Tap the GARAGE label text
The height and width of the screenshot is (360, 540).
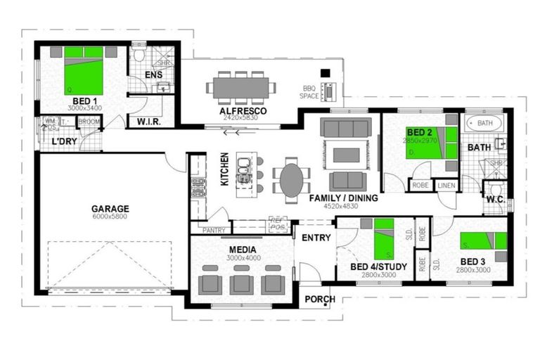pyautogui.click(x=110, y=208)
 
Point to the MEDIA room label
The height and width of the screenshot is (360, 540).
pyautogui.click(x=242, y=250)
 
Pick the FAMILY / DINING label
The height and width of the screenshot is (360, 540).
pyautogui.click(x=344, y=198)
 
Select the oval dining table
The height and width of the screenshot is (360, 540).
pyautogui.click(x=292, y=179)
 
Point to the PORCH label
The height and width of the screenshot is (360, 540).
pyautogui.click(x=319, y=300)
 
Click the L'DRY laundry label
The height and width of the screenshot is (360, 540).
pyautogui.click(x=64, y=141)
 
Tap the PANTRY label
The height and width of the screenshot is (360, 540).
pyautogui.click(x=213, y=230)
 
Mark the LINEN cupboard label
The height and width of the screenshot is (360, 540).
pyautogui.click(x=446, y=185)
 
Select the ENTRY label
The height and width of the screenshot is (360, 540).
pyautogui.click(x=316, y=238)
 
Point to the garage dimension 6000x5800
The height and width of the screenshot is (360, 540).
pyautogui.click(x=110, y=217)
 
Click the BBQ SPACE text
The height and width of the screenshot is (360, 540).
pyautogui.click(x=309, y=91)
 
